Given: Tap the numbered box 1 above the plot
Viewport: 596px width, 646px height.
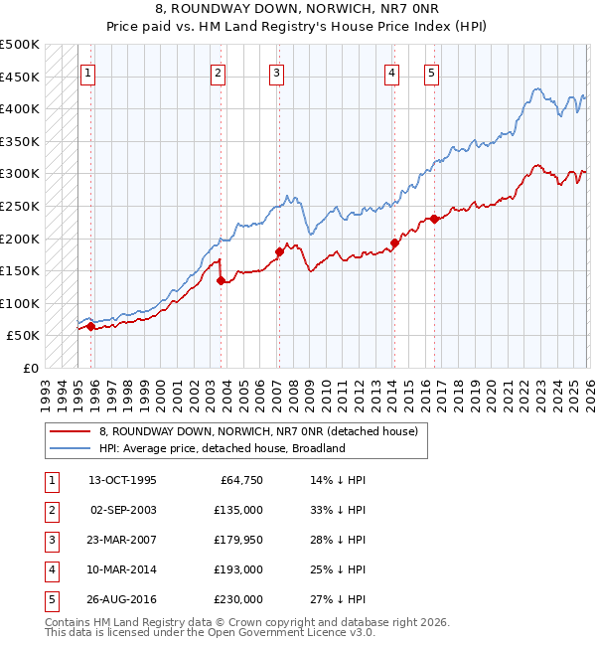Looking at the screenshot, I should tap(87, 72).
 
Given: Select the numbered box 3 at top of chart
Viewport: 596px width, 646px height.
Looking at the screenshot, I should tap(276, 72).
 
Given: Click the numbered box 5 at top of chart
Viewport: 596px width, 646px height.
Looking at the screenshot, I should tap(431, 72).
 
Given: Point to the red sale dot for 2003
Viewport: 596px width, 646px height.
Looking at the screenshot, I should tap(221, 281).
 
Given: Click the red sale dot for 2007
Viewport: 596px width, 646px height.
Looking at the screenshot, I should tap(279, 251).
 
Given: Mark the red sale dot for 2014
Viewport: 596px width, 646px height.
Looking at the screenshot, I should tap(394, 242).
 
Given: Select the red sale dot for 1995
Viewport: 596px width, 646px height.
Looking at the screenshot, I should tap(90, 326).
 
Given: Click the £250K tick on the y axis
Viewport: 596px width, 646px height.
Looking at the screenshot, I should tap(20, 207).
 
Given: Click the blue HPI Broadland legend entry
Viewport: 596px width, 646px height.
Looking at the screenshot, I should tap(222, 448).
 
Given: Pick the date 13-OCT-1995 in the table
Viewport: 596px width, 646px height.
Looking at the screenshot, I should tap(122, 480).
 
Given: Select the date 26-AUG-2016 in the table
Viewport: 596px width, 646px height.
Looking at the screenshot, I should tap(122, 599).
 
